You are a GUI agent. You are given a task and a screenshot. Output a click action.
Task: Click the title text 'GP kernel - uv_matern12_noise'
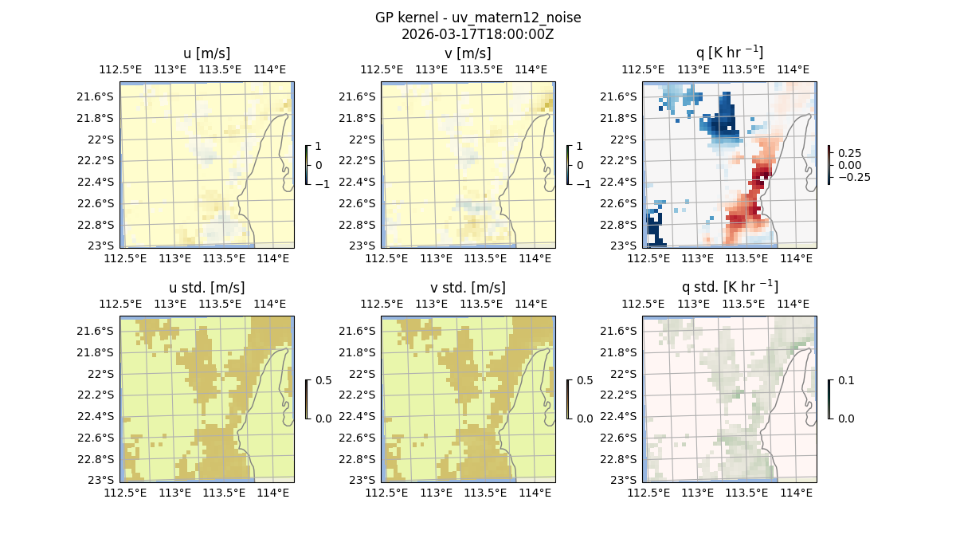click(478, 18)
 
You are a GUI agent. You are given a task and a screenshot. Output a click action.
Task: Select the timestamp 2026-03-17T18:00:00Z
click(478, 34)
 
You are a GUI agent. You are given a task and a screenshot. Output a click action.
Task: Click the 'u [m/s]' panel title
click(207, 53)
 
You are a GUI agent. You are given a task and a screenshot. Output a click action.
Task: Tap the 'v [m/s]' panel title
click(468, 53)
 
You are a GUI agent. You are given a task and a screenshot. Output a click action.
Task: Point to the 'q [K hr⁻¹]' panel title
click(730, 53)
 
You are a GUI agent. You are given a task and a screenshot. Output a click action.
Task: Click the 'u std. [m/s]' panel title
click(207, 288)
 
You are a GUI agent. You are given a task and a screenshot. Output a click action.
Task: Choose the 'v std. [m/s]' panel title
click(468, 288)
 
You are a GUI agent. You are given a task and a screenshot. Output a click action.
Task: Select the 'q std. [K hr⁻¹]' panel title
click(730, 288)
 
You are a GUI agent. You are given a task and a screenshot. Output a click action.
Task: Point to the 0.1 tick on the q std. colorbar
click(844, 381)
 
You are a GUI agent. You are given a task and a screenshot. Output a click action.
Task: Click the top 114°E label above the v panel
click(531, 69)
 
